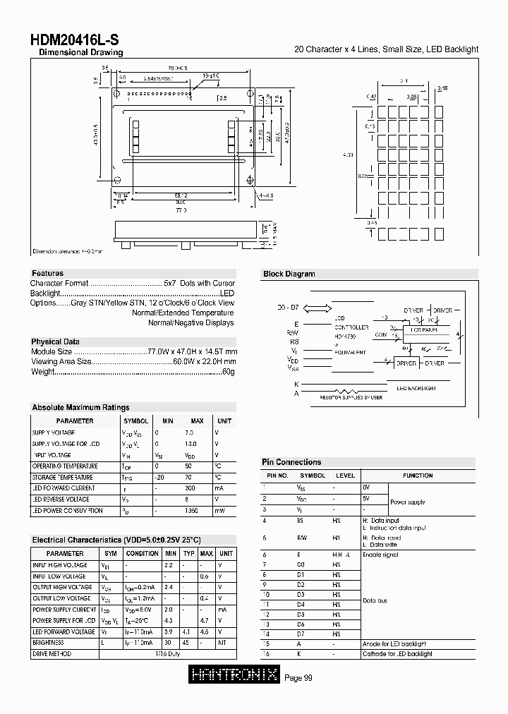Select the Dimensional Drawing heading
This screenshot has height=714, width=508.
coord(80,53)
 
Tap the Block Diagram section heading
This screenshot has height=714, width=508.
coord(289,274)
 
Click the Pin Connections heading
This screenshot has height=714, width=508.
coord(291,462)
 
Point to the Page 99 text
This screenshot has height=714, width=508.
coord(298,678)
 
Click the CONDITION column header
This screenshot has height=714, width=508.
coord(142,553)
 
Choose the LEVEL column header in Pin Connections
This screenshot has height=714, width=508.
coord(345,476)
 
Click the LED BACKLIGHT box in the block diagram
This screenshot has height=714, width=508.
coord(416,388)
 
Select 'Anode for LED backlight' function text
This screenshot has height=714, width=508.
coord(394,643)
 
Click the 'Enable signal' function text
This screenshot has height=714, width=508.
coord(381,555)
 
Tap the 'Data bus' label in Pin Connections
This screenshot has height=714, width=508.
coord(375,600)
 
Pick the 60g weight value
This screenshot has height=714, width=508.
coord(228,371)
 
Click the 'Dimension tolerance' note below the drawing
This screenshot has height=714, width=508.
coord(68,251)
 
